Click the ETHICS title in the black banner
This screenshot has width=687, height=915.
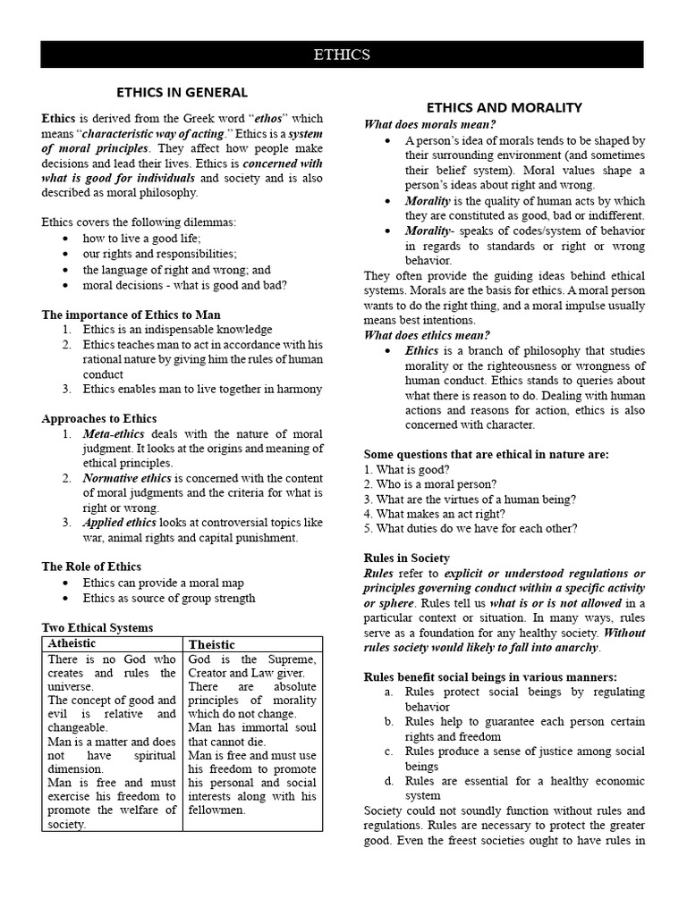(342, 55)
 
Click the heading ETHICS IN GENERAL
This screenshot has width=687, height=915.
(182, 92)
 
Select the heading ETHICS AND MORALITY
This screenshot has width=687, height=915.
(504, 107)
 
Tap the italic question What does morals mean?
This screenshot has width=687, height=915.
(429, 124)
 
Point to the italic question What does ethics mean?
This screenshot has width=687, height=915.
(427, 335)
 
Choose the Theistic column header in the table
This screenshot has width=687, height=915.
(212, 644)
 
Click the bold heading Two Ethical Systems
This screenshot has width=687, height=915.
(98, 627)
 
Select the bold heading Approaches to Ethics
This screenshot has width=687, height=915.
(99, 418)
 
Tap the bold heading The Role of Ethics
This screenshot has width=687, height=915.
(91, 567)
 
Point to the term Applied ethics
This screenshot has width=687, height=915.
(120, 522)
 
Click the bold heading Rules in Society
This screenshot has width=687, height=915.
(407, 558)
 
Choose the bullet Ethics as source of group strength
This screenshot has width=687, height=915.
(169, 598)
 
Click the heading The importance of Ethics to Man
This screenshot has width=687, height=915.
(131, 315)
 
